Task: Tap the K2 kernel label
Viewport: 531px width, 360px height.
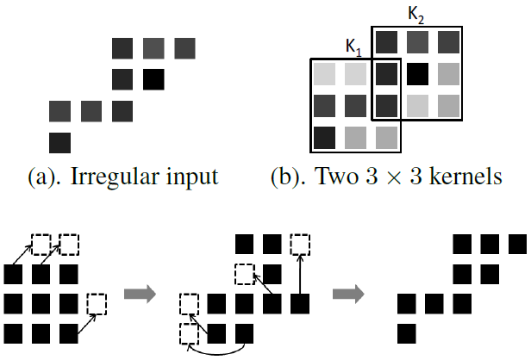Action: click(x=415, y=16)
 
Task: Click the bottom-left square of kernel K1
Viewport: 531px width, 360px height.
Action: click(x=325, y=136)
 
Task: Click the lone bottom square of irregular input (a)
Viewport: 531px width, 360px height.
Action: click(x=60, y=141)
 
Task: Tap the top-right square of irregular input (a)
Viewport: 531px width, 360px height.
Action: click(x=184, y=47)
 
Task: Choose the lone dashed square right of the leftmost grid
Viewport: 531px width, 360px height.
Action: click(x=97, y=304)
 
